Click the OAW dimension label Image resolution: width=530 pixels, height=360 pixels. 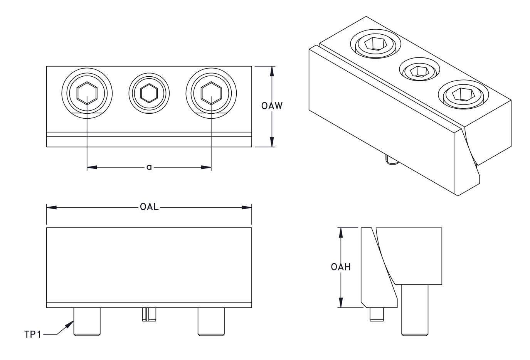pos(272,106)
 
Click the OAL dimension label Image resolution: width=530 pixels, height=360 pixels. pos(149,207)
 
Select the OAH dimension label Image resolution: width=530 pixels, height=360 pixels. pos(341,267)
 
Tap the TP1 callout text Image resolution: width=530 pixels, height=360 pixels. pos(33,335)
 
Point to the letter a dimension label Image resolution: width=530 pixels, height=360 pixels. pos(149,167)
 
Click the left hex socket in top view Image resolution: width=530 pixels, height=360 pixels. pos(87,93)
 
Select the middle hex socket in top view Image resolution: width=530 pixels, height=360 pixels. pos(149,93)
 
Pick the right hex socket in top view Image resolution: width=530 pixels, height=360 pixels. pos(211,93)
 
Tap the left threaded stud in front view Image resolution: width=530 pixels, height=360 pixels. pos(87,321)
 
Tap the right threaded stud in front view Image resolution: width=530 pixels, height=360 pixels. pos(211,321)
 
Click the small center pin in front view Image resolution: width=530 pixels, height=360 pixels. pos(149,314)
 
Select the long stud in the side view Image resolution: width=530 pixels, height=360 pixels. pos(414,309)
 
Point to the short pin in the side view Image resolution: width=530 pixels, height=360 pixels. pos(377,314)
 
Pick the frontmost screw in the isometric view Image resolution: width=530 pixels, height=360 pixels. pos(463,94)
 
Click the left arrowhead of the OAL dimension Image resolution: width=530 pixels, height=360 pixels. pos(51,207)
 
